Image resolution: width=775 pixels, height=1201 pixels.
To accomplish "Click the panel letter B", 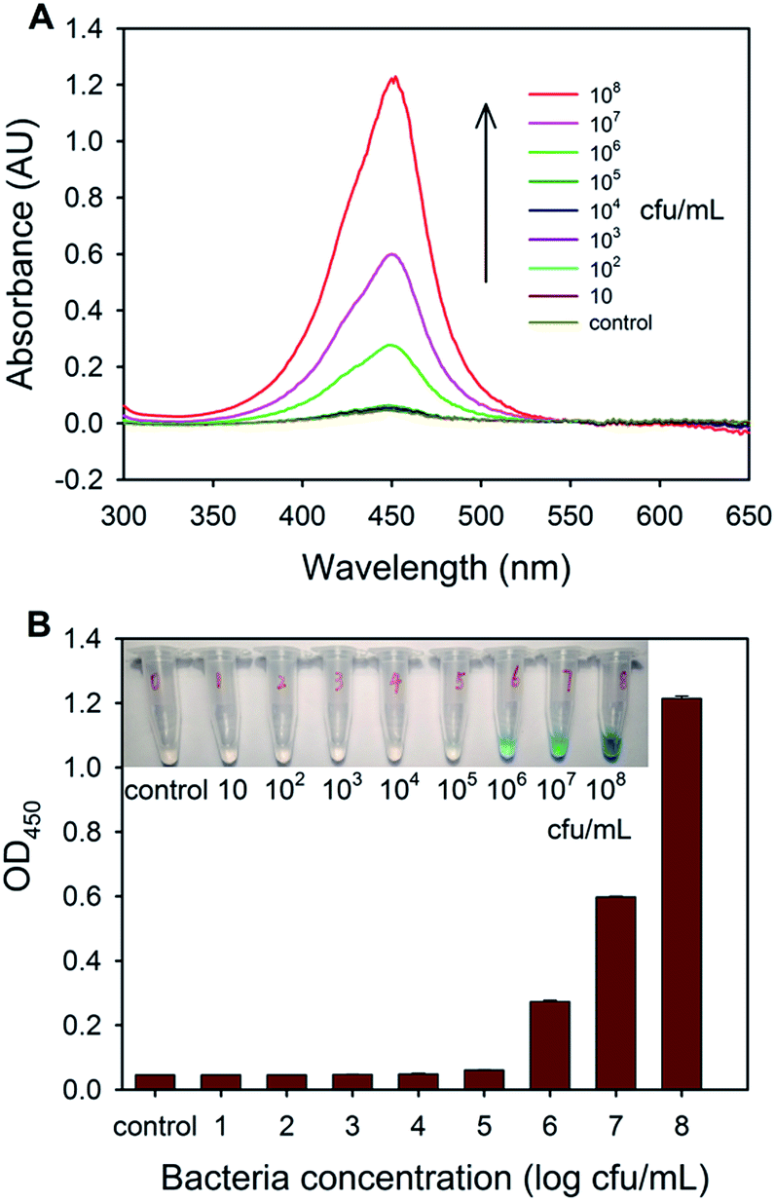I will pyautogui.click(x=14, y=624).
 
